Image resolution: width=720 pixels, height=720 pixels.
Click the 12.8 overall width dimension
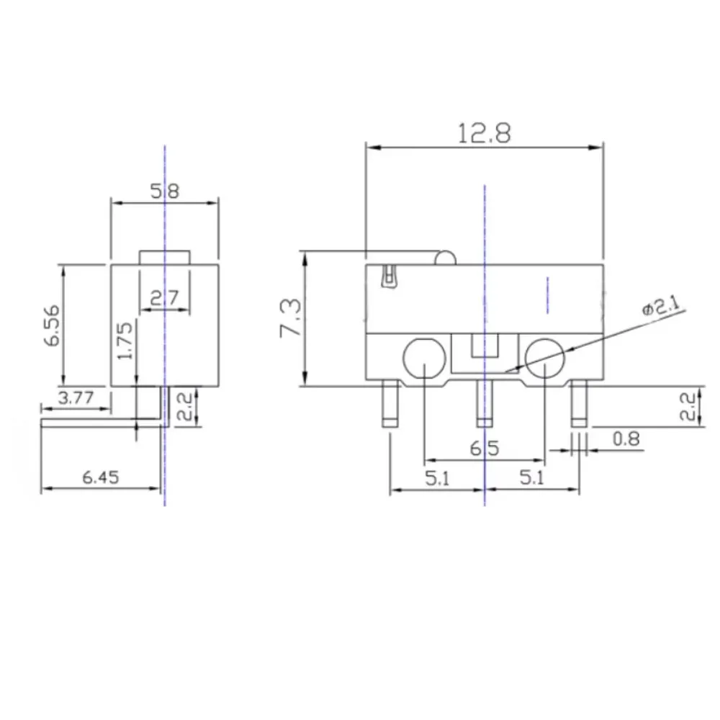(484, 133)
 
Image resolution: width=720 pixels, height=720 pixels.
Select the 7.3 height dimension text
(291, 318)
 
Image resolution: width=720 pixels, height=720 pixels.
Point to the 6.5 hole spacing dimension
(484, 448)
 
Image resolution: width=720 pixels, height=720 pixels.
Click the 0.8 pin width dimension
(626, 439)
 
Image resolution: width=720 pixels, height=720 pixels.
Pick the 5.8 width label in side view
(164, 191)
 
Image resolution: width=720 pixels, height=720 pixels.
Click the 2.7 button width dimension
(164, 299)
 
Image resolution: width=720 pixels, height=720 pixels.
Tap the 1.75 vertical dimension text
(125, 341)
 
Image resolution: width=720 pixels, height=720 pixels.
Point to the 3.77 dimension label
(76, 397)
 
